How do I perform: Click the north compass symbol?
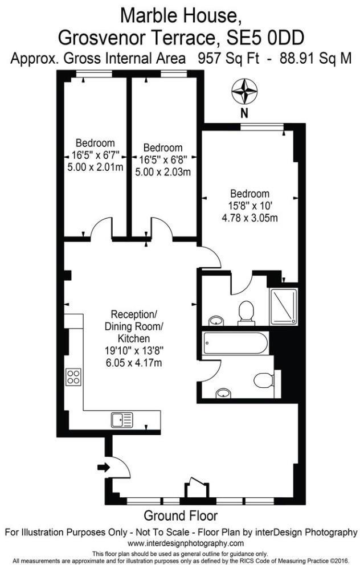pyautogui.click(x=243, y=92)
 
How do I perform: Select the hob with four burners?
pyautogui.click(x=73, y=377)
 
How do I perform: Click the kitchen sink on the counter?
pyautogui.click(x=122, y=420)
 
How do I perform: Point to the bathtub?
pyautogui.click(x=233, y=344)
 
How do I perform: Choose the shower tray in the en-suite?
pyautogui.click(x=283, y=306)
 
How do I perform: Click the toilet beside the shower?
pyautogui.click(x=246, y=312)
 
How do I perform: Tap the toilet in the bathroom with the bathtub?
pyautogui.click(x=264, y=380)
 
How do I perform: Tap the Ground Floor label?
pyautogui.click(x=180, y=516)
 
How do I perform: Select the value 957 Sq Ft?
pyautogui.click(x=223, y=58)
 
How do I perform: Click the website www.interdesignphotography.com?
pyautogui.click(x=180, y=543)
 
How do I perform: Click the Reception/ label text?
pyautogui.click(x=133, y=314)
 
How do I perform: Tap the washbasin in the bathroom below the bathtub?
pyautogui.click(x=224, y=392)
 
